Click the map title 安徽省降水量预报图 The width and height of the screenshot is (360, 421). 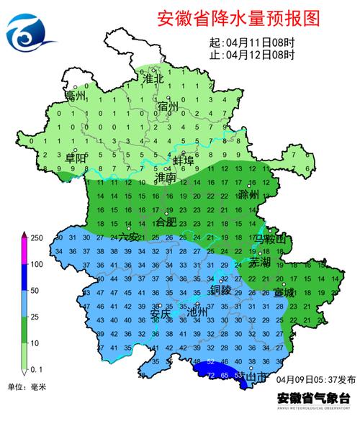tap(237, 18)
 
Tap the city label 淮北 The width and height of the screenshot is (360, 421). tap(155, 78)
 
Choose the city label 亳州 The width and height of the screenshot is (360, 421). tap(75, 96)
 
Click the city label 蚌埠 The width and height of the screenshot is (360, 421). tap(184, 160)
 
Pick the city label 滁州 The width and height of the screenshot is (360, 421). tap(248, 194)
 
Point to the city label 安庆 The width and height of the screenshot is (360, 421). tap(160, 314)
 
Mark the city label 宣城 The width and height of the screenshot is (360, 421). tap(284, 293)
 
